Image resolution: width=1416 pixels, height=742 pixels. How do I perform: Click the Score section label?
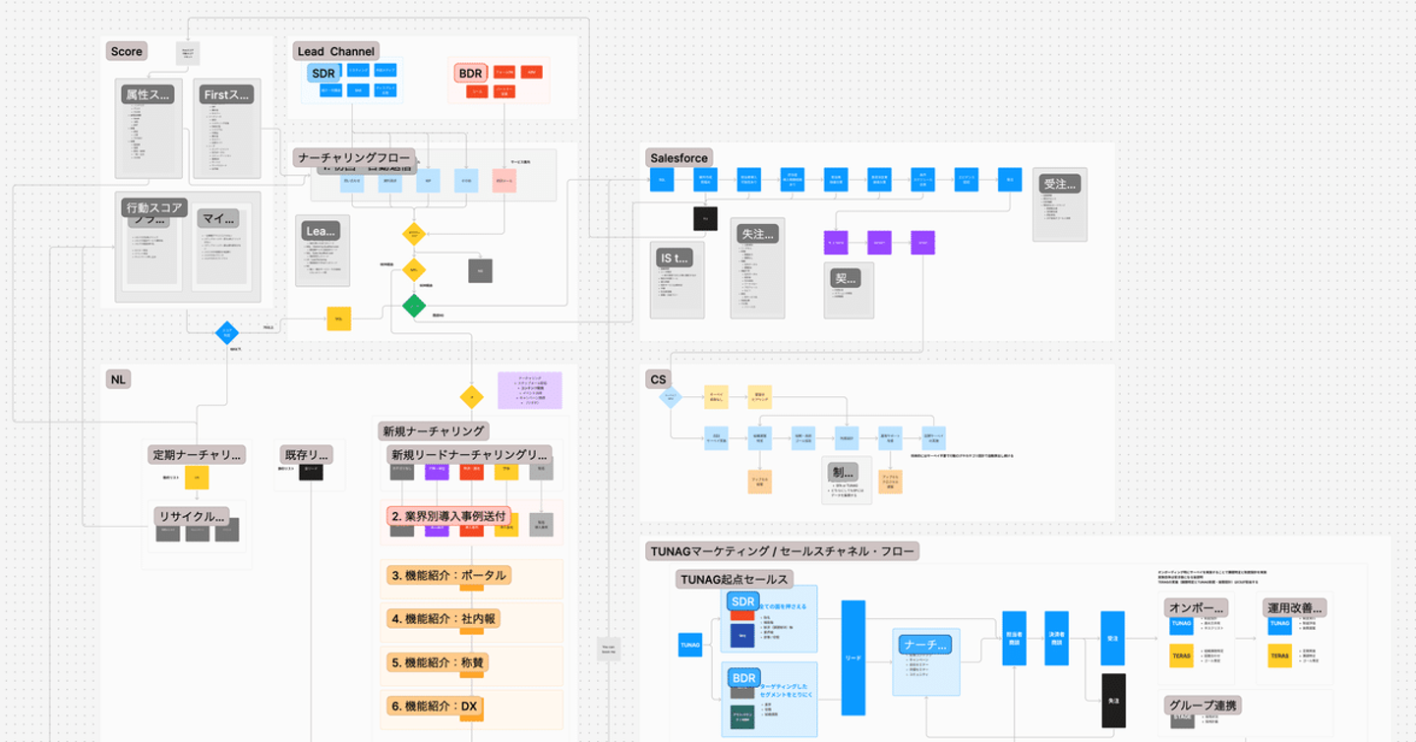click(127, 51)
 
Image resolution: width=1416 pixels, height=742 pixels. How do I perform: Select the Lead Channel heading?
click(336, 51)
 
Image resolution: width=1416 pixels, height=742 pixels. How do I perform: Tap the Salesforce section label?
click(679, 158)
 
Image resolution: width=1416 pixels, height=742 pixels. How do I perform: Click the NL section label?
click(118, 379)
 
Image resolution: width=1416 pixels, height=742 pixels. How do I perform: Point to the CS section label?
click(658, 379)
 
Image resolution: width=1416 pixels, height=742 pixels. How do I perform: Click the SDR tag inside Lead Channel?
click(323, 74)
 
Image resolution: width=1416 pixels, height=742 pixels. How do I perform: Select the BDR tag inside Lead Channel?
click(470, 74)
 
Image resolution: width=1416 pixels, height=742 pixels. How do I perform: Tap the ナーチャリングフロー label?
click(354, 158)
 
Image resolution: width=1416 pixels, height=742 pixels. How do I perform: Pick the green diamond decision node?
click(414, 307)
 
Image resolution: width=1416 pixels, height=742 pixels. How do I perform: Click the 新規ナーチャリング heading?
click(434, 430)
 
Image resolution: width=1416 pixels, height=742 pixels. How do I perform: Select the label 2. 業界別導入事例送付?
click(448, 515)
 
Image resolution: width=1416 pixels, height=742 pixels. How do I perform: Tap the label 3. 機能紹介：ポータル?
click(448, 575)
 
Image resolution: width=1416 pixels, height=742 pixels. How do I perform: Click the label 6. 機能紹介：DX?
click(434, 706)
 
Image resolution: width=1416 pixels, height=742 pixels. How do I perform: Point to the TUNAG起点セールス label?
click(735, 579)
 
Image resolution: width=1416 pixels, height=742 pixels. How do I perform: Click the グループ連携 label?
click(1204, 705)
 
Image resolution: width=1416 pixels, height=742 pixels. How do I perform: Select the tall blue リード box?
click(854, 657)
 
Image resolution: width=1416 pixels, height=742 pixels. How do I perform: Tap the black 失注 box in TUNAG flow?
click(1113, 701)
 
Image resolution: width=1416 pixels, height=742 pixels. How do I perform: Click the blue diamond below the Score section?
click(227, 333)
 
